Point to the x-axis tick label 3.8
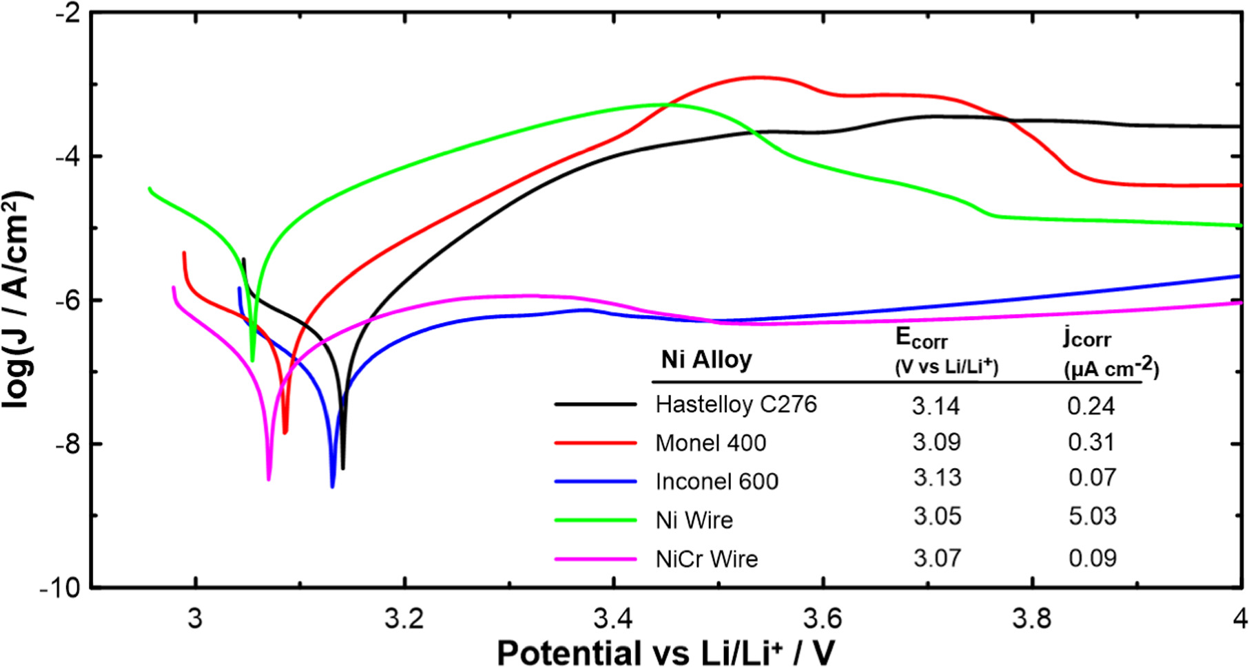tap(1031, 619)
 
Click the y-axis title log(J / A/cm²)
tap(17, 300)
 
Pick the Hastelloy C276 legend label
tap(736, 404)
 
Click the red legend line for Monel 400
tap(595, 443)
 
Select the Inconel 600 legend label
tap(716, 481)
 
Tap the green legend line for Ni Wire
tap(595, 520)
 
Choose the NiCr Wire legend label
tap(706, 558)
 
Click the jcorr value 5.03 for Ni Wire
tap(1092, 516)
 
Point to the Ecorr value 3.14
tap(936, 406)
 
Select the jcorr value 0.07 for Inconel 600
tap(1092, 477)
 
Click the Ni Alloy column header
tap(706, 359)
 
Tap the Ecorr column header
tap(922, 338)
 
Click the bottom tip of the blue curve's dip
tap(332, 487)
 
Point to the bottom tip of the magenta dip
tap(268, 479)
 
